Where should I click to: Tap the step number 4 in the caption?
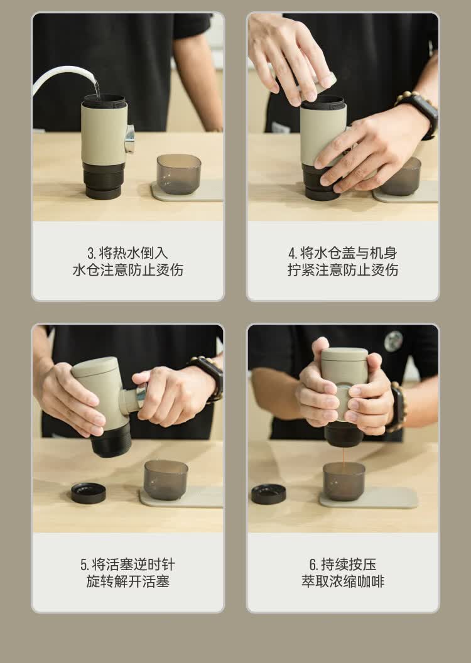coord(293,253)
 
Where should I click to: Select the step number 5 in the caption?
coord(84,565)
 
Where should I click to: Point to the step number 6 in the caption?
coord(313,565)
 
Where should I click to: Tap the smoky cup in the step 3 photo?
coord(179,173)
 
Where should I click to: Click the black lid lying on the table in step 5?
coord(89,493)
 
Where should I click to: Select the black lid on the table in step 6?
coord(269,494)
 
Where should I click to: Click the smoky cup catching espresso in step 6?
coord(344,481)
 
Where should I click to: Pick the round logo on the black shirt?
coord(393,341)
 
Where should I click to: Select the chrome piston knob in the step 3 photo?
coord(129,139)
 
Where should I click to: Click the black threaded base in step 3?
coord(104,180)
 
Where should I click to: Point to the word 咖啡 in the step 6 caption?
coord(371,581)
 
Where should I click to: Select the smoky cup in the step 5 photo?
coord(166,480)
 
